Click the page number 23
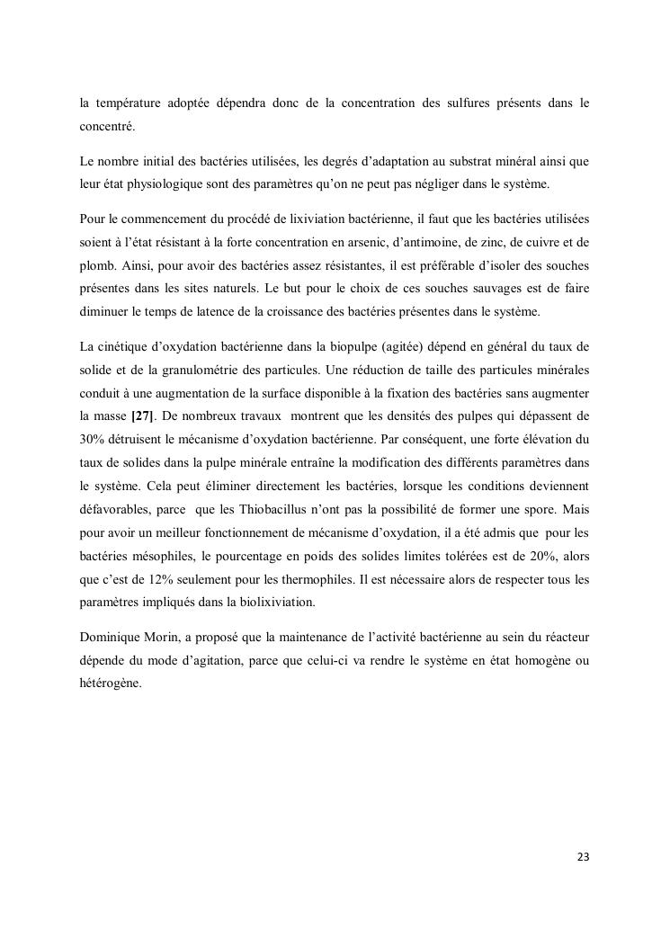pos(583,855)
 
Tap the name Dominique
pos(111,638)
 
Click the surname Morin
pos(168,638)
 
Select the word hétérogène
pos(111,684)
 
